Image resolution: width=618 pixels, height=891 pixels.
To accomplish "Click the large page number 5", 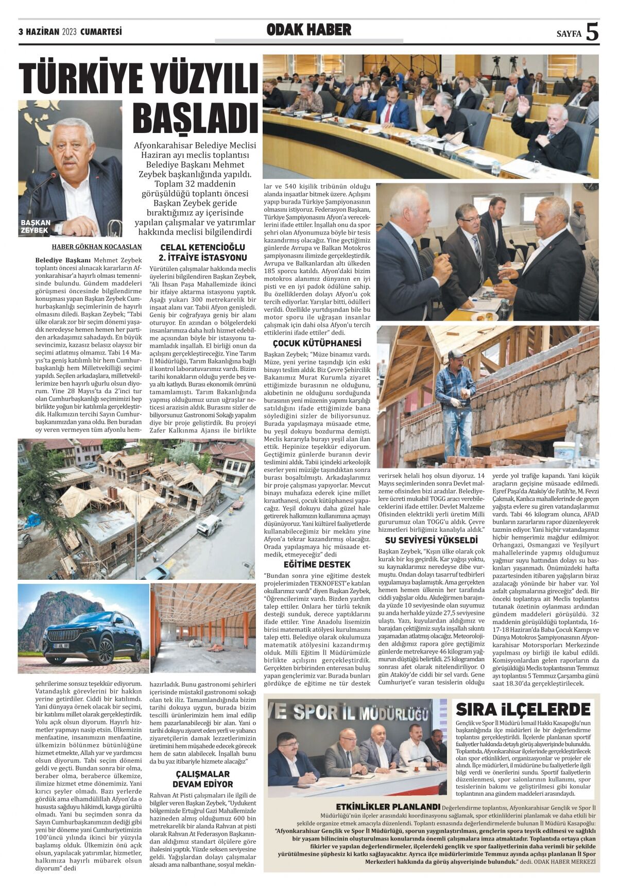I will click(592, 32).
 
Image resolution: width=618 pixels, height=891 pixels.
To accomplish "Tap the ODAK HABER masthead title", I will click(308, 30).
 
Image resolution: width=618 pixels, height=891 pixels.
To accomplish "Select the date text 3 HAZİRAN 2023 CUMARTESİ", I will click(70, 32).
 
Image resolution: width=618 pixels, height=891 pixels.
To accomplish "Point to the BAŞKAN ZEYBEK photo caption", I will click(36, 226).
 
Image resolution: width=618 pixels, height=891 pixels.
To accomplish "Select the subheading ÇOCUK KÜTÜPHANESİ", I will click(317, 343).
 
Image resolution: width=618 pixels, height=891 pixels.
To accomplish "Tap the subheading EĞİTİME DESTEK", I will click(317, 564).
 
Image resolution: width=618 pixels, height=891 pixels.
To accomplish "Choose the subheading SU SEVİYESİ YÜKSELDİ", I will click(432, 540).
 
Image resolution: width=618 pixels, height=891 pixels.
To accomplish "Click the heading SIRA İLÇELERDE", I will click(523, 710).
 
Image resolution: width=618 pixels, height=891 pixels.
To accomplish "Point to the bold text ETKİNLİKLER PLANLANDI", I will click(388, 806).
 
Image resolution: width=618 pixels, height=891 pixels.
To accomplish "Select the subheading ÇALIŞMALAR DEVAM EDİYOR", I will click(202, 779).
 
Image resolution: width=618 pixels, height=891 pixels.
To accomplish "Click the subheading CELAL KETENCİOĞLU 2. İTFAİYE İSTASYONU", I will click(202, 253).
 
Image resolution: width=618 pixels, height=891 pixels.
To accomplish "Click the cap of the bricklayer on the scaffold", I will click(456, 354).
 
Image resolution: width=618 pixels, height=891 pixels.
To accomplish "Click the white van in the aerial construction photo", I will click(209, 525).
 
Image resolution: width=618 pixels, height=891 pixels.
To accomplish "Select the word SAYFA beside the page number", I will click(569, 34).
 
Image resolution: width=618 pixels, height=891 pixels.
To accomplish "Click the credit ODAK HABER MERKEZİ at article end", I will click(564, 861).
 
